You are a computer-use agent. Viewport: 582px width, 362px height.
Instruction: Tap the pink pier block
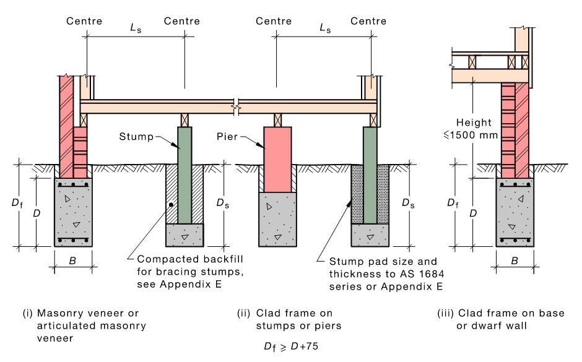pyautogui.click(x=277, y=158)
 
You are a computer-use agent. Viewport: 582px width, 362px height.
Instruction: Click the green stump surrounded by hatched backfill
pyautogui.click(x=185, y=173)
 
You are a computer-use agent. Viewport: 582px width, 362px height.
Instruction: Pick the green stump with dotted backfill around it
pyautogui.click(x=370, y=173)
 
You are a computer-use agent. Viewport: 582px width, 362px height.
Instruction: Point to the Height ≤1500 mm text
pyautogui.click(x=477, y=128)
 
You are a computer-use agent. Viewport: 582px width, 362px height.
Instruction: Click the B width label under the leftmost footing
pyautogui.click(x=73, y=262)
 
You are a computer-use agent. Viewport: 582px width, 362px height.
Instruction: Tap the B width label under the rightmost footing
pyautogui.click(x=515, y=262)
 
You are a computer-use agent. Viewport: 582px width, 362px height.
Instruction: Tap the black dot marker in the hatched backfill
pyautogui.click(x=171, y=204)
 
